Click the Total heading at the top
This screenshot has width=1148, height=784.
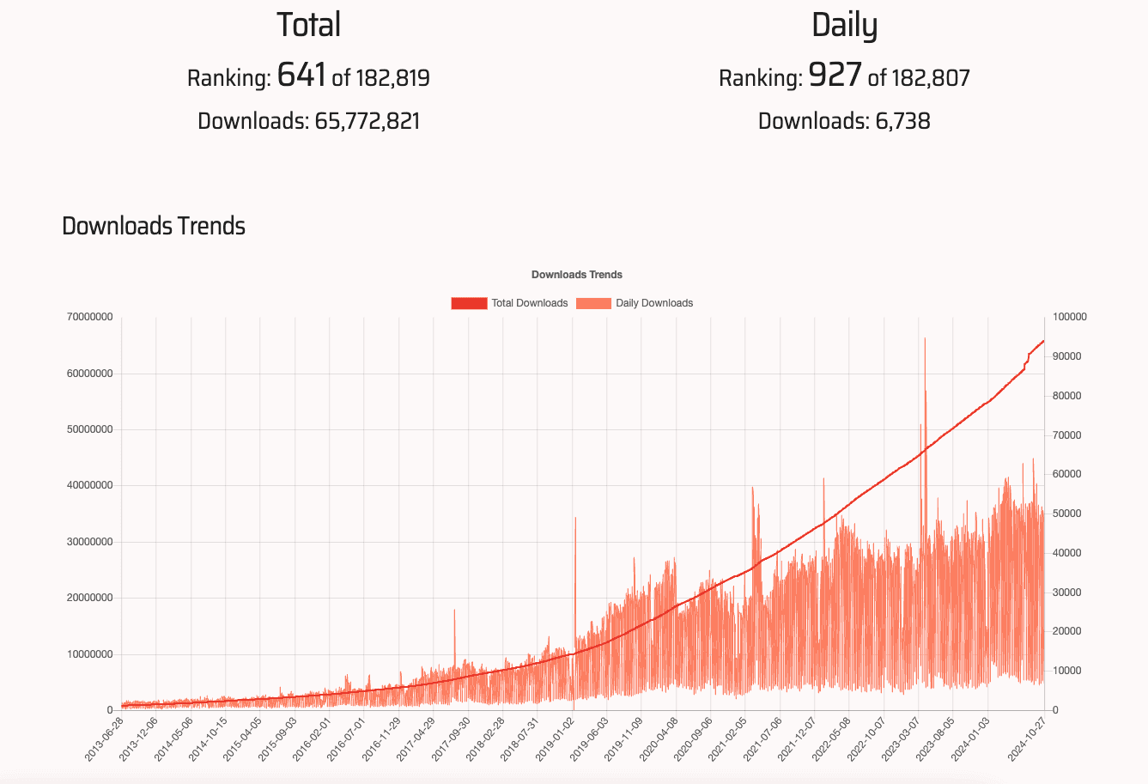click(308, 24)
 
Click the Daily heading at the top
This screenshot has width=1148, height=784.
click(844, 24)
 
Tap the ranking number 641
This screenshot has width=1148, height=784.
click(301, 76)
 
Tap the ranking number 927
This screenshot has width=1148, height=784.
click(835, 76)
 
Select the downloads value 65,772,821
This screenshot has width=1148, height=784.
click(367, 121)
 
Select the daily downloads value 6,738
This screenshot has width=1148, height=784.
click(902, 121)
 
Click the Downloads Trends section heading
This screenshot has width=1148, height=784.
click(154, 226)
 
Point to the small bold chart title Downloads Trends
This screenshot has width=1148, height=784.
click(577, 275)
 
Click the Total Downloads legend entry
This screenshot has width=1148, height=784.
click(510, 303)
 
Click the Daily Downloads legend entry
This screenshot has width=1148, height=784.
click(635, 303)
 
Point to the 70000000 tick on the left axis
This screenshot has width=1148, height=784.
click(89, 317)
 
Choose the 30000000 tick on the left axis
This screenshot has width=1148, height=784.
click(89, 542)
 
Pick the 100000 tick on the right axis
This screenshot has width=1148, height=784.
click(1069, 317)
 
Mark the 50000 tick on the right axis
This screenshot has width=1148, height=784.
click(1066, 514)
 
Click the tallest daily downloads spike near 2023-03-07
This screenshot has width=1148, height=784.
click(925, 340)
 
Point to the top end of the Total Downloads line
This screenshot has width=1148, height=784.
click(1043, 341)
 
